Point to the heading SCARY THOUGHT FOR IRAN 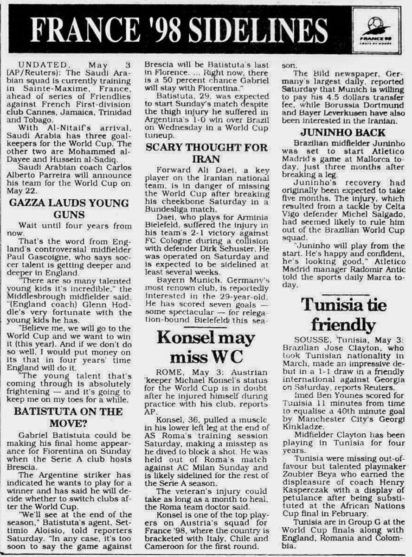point(207,153)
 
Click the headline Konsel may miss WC point(206,346)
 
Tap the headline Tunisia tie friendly point(343,314)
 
